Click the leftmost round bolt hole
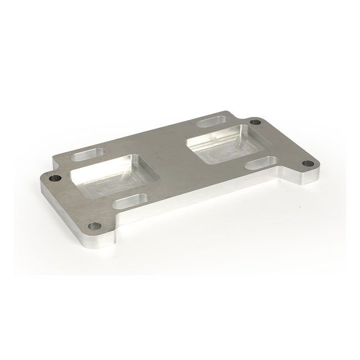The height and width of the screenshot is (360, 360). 54,179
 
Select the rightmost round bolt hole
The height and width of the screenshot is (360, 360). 306,164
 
